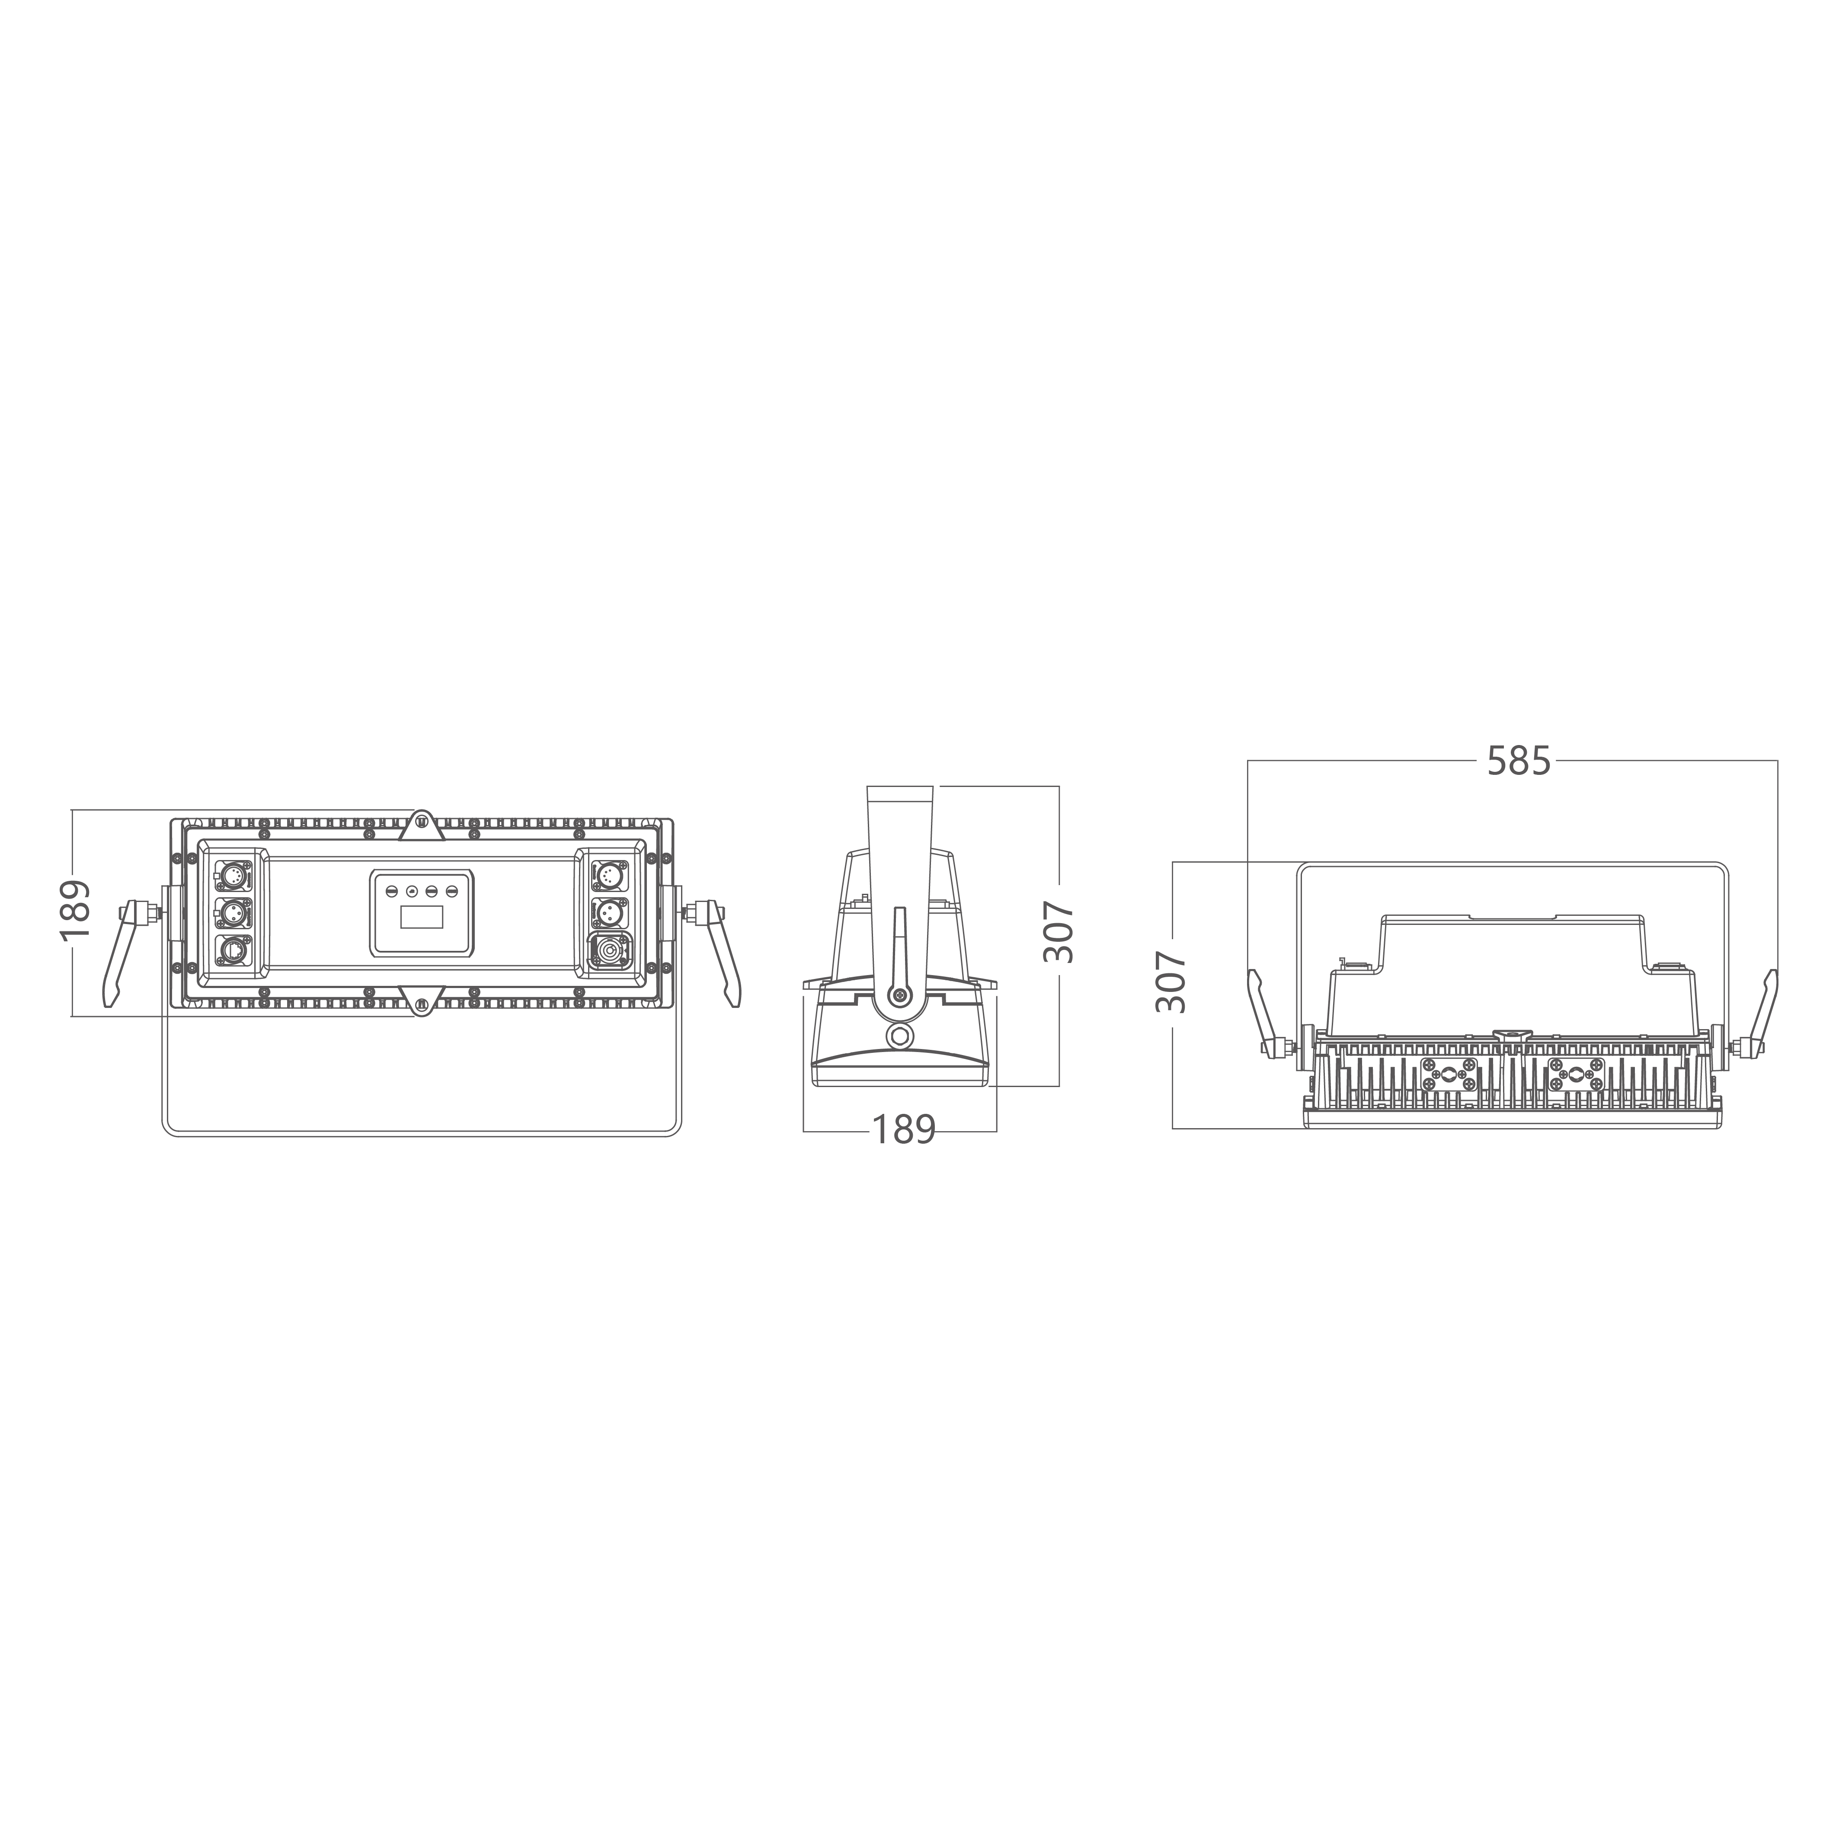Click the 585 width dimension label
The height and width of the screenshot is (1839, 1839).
pos(1519,761)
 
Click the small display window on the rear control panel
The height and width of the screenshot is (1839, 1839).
pos(422,918)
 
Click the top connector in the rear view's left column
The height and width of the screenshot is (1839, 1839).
pos(230,873)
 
